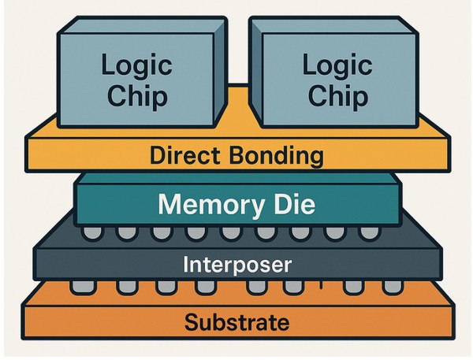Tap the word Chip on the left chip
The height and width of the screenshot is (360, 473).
pyautogui.click(x=135, y=96)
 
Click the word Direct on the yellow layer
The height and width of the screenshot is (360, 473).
pyautogui.click(x=187, y=155)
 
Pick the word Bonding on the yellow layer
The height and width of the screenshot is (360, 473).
pyautogui.click(x=276, y=155)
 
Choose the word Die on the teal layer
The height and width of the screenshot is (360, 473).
pyautogui.click(x=292, y=205)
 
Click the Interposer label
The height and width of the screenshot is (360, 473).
pyautogui.click(x=237, y=264)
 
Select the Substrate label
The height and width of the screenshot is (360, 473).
pyautogui.click(x=236, y=321)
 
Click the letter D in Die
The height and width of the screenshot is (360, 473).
pyautogui.click(x=276, y=205)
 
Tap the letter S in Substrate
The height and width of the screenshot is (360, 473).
pyautogui.click(x=191, y=321)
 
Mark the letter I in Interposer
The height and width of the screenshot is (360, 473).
pyautogui.click(x=186, y=264)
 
